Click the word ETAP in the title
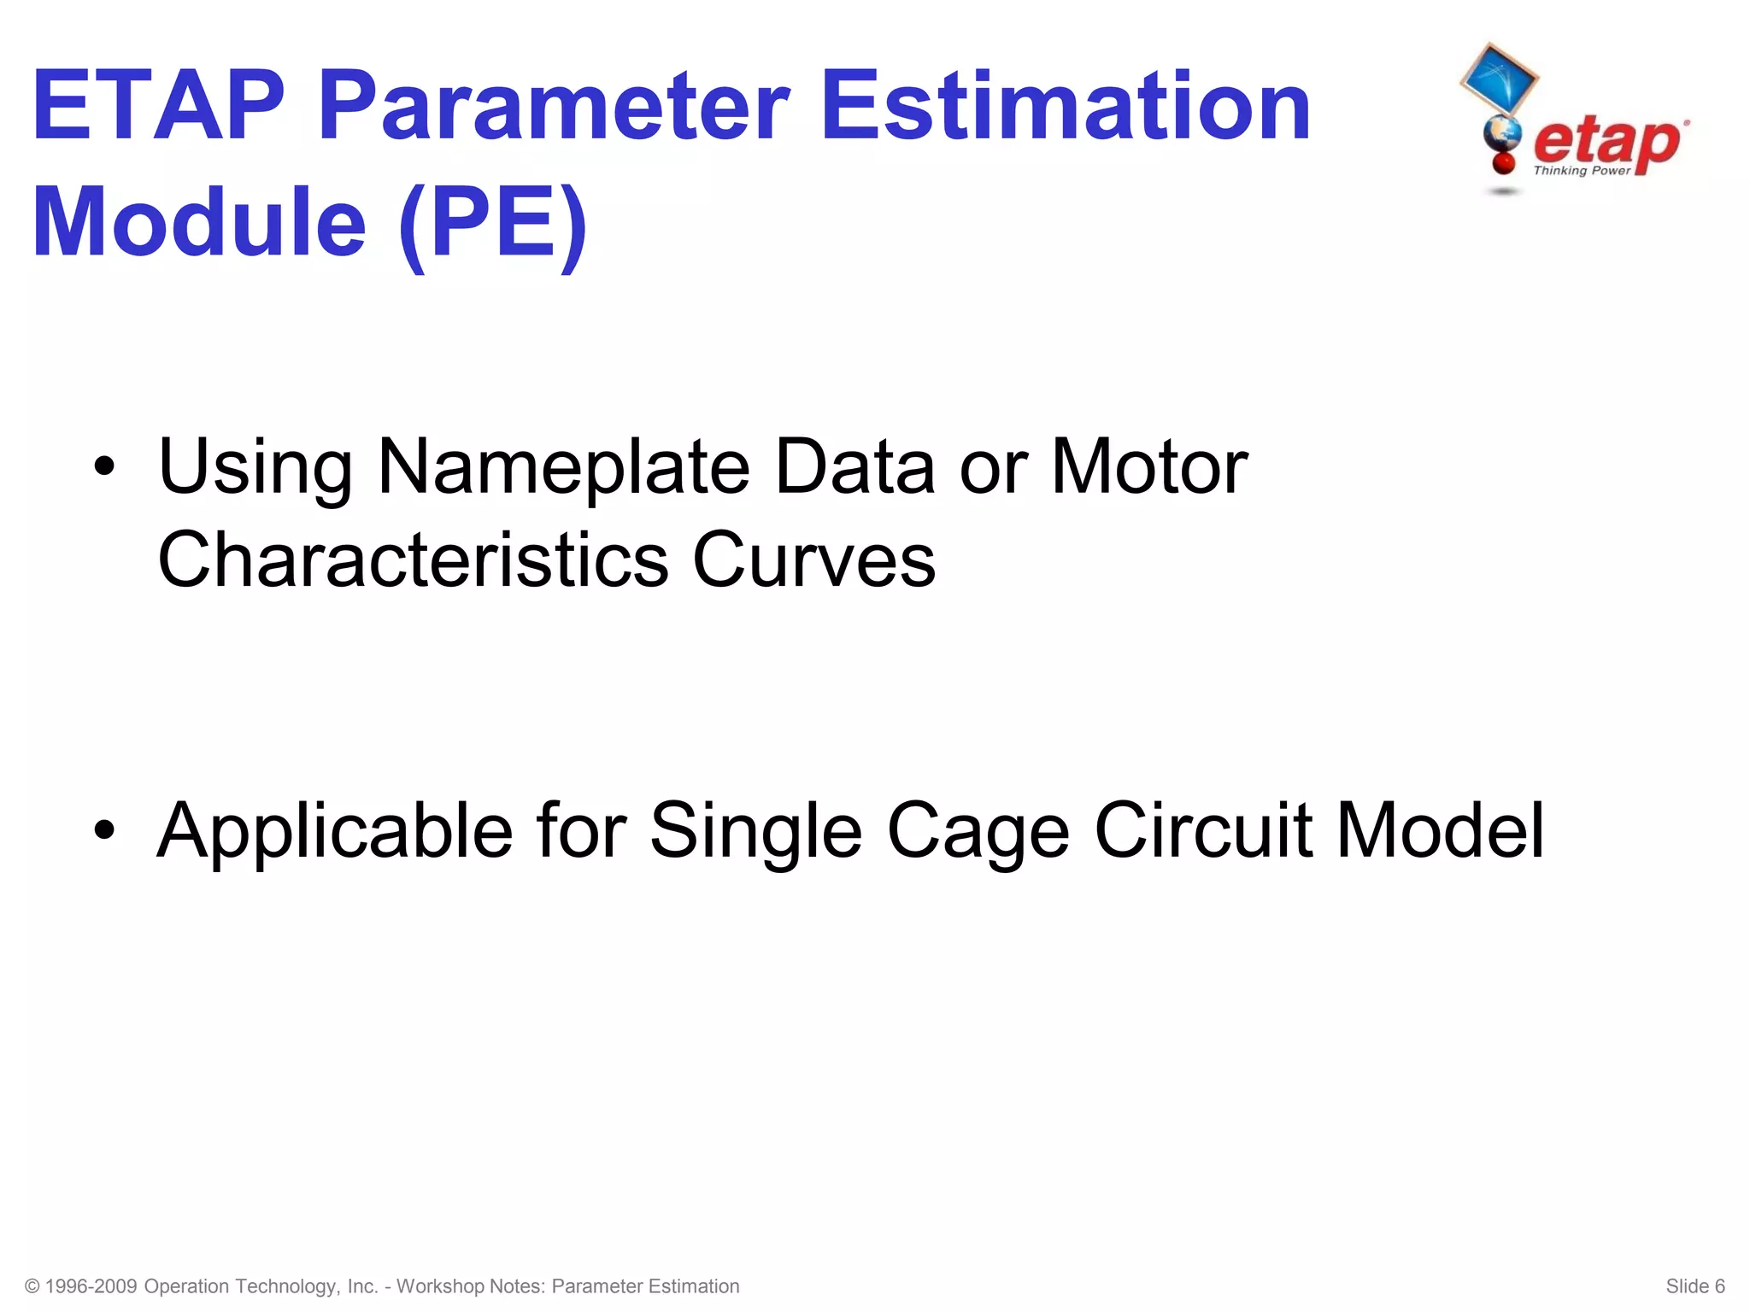click(x=159, y=107)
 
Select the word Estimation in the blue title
click(x=1066, y=107)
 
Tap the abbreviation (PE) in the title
click(x=493, y=224)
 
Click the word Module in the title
click(x=200, y=224)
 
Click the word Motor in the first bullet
click(x=1149, y=467)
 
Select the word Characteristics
click(x=414, y=560)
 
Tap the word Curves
click(x=813, y=560)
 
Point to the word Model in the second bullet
click(x=1440, y=831)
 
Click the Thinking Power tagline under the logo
click(x=1582, y=171)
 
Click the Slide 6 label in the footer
click(x=1695, y=1286)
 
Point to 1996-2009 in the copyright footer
click(x=91, y=1286)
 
